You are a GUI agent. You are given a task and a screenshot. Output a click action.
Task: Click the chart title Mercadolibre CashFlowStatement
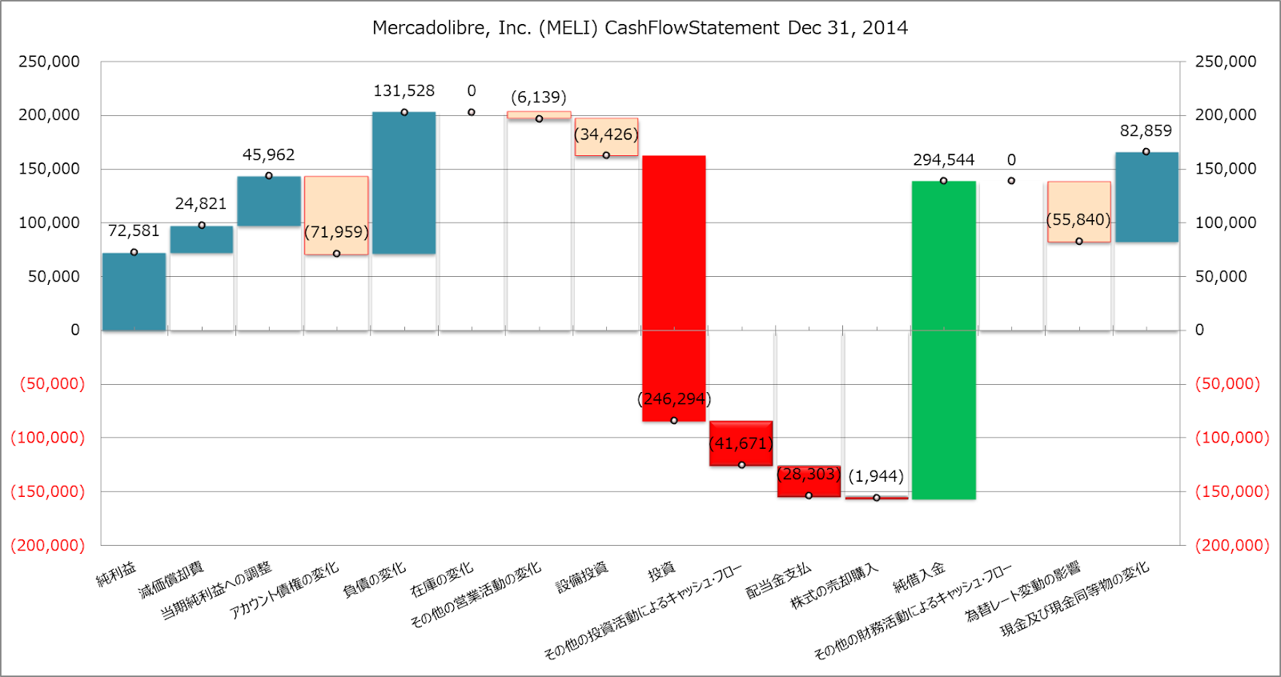[x=640, y=28]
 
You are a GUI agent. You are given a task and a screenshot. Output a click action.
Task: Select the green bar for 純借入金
[x=944, y=340]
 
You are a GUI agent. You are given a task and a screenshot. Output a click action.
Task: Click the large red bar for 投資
[x=673, y=288]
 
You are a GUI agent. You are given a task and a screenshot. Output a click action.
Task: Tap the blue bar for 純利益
[x=134, y=292]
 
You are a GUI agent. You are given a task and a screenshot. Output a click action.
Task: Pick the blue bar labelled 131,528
[x=404, y=183]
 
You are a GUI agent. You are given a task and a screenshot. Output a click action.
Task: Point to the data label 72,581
[x=134, y=231]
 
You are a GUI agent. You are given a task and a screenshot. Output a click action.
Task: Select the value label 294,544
[x=944, y=160]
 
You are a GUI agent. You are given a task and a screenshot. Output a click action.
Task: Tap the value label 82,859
[x=1146, y=131]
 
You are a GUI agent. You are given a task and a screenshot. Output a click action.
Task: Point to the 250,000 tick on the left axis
[x=50, y=62]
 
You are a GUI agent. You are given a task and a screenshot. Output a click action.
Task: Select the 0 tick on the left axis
[x=75, y=330]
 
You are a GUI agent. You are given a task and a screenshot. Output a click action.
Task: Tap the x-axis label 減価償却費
[x=171, y=580]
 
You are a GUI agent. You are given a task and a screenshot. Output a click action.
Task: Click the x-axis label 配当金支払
[x=778, y=581]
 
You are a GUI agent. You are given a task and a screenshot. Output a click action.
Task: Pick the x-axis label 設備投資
[x=582, y=577]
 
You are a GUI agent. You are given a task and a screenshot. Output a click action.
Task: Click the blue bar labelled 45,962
[x=269, y=201]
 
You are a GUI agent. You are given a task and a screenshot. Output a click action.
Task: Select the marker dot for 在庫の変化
[x=472, y=112]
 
